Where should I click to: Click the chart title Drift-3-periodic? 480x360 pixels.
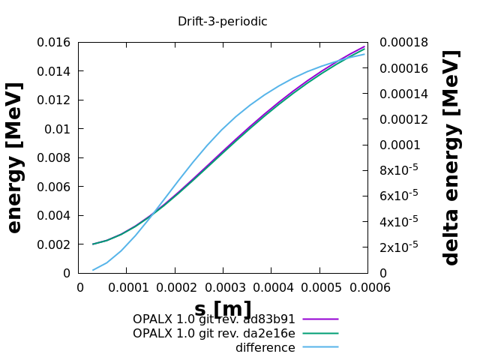click(x=222, y=22)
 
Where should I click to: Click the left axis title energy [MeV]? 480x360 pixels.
click(x=15, y=157)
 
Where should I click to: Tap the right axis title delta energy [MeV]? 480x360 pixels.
click(x=451, y=157)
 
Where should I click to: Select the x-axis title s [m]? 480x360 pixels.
click(x=223, y=309)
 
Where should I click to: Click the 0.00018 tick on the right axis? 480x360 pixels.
click(x=404, y=43)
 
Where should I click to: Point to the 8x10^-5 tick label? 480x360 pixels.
click(x=399, y=170)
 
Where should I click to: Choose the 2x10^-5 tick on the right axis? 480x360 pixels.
click(x=399, y=247)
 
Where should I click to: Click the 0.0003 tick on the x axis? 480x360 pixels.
click(x=223, y=287)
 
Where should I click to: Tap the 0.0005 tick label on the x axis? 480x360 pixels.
click(x=319, y=287)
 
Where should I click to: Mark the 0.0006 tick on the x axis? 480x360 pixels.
click(x=367, y=287)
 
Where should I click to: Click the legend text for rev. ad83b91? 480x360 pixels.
click(x=214, y=319)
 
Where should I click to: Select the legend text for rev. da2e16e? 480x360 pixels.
click(x=214, y=334)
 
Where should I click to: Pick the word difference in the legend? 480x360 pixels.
click(x=265, y=348)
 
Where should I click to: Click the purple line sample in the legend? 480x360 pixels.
click(x=321, y=319)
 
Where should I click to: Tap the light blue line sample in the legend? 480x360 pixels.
click(x=321, y=347)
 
